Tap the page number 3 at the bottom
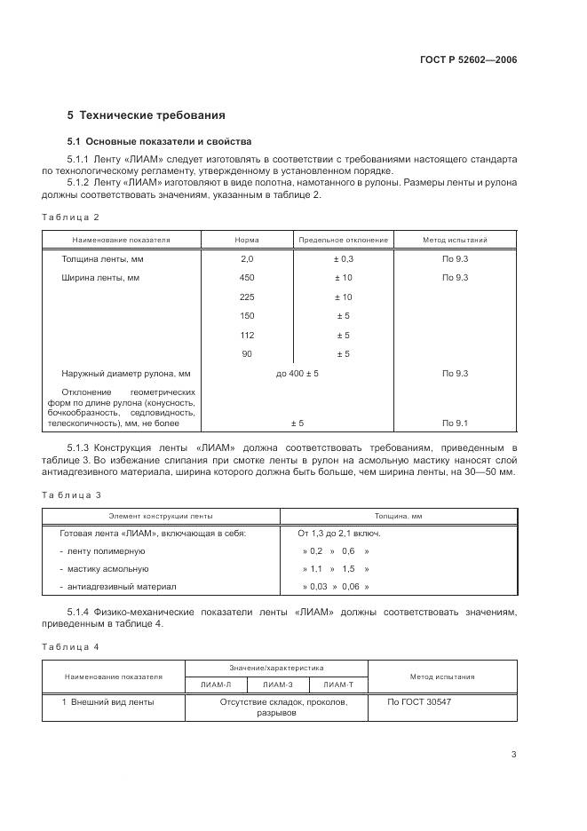[x=513, y=756]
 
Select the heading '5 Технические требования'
[x=147, y=115]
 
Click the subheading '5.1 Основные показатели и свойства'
[x=160, y=141]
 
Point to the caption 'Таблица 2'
[x=71, y=218]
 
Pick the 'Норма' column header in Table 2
[x=247, y=240]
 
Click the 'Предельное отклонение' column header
[x=343, y=240]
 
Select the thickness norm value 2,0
[x=247, y=259]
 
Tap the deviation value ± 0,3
[x=343, y=259]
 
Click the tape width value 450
[x=247, y=278]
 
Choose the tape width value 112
[x=247, y=335]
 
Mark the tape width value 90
[x=247, y=354]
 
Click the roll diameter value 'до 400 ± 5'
[x=297, y=374]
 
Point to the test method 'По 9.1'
[x=455, y=423]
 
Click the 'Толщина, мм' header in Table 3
[x=399, y=515]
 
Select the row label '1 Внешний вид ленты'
[x=107, y=702]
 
